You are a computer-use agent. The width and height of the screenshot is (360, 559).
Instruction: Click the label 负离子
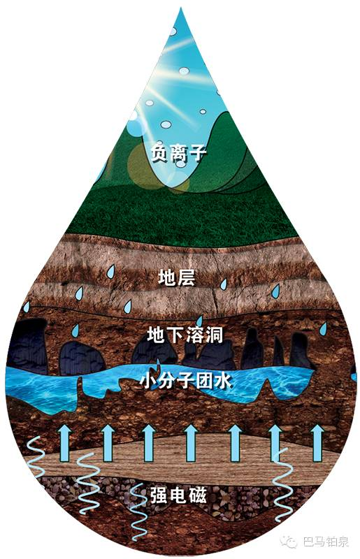[178, 153]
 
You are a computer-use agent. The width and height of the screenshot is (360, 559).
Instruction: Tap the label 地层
[176, 277]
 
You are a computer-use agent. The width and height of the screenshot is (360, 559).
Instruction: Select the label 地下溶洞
[185, 335]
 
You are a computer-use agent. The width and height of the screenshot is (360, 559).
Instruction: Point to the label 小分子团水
[185, 380]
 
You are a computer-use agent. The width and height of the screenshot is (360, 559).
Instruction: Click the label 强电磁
[178, 495]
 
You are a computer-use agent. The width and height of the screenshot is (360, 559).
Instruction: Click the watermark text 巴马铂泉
[325, 542]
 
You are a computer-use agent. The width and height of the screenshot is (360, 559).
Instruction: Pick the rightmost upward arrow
[317, 443]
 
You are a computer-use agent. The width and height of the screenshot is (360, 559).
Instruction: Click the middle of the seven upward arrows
[191, 443]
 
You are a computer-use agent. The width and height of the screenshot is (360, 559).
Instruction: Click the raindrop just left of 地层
[111, 272]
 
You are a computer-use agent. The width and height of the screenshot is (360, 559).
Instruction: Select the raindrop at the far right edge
[323, 328]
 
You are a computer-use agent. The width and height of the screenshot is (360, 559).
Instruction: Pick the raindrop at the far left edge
[26, 307]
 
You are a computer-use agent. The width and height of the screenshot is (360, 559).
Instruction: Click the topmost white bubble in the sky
[173, 31]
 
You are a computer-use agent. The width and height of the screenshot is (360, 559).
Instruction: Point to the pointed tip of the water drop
[180, 8]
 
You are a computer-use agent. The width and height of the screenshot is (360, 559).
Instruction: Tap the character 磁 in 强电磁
[197, 495]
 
